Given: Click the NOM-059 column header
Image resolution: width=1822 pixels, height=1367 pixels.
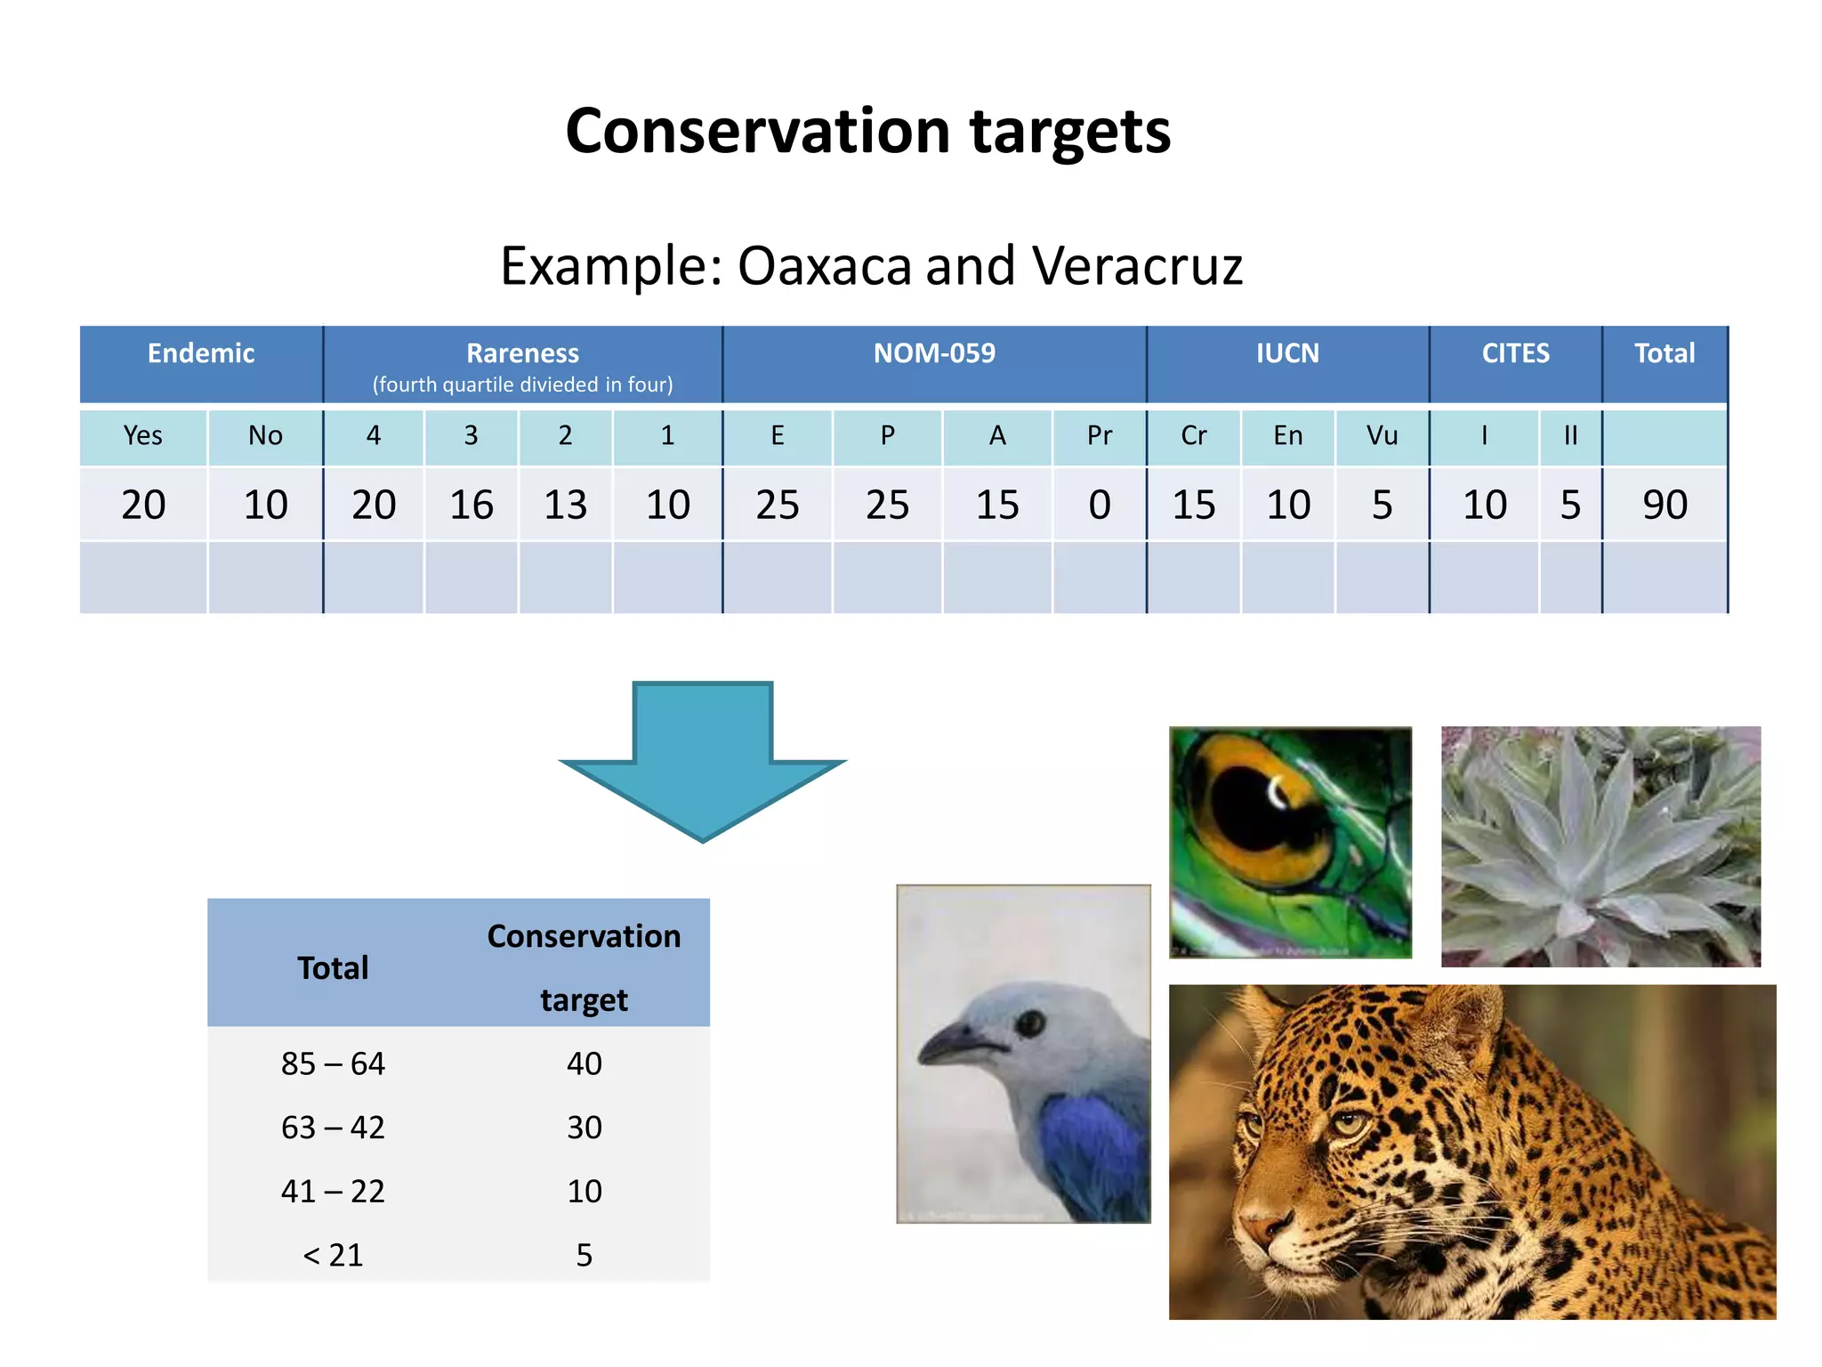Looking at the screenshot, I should point(934,354).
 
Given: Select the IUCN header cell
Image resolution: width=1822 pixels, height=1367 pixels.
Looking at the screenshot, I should point(1287,354).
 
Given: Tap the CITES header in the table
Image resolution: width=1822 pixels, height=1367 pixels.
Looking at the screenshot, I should point(1515,354).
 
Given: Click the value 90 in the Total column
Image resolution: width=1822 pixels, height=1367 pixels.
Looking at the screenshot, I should point(1665,505).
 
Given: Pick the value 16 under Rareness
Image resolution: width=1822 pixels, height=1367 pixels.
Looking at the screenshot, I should point(471,505).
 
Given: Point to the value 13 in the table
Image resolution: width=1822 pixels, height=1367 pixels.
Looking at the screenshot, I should point(565,505).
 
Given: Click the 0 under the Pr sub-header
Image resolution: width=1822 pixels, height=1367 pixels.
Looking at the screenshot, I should point(1100,505).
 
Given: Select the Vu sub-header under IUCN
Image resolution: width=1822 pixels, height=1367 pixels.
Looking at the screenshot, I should point(1382,435).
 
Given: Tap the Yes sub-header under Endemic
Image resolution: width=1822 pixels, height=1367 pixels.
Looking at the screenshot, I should point(143,435).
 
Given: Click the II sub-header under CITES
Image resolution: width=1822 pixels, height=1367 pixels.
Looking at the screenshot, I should point(1570,435).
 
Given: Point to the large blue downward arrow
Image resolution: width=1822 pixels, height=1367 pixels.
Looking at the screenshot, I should point(703,756).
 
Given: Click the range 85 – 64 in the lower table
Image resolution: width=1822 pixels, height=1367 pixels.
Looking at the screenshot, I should point(333,1064).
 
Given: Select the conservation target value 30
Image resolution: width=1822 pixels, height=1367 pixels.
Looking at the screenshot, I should point(584,1128).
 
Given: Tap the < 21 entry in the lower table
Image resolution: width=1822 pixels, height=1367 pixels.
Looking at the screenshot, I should point(333,1255).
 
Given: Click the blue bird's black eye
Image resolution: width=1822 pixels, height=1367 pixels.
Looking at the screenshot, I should point(1030,1023).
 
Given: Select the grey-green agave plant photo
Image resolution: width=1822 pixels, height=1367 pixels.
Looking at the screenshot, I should point(1600,845).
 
